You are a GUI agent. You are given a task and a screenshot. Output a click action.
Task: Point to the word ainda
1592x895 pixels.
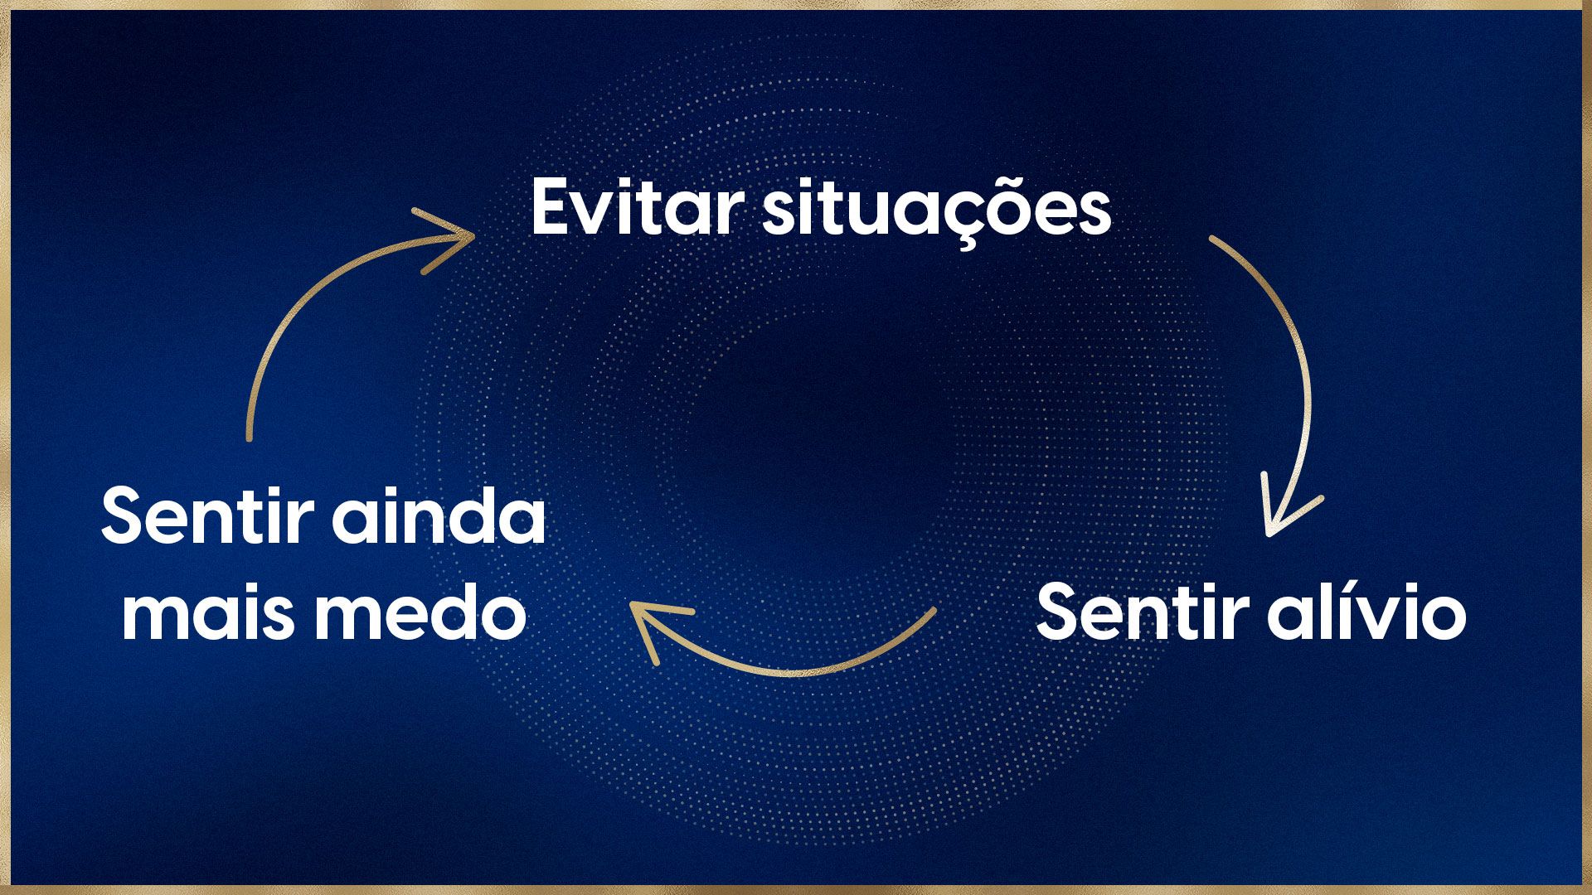click(439, 515)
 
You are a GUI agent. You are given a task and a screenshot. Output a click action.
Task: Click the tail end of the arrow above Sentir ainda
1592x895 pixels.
click(248, 438)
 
